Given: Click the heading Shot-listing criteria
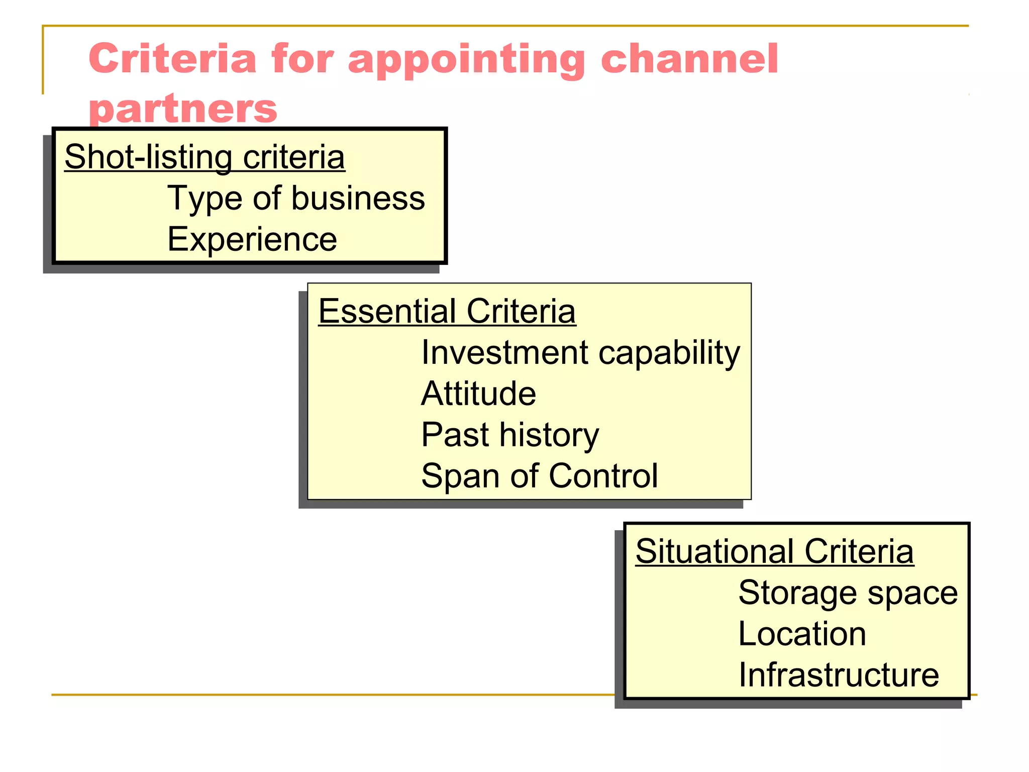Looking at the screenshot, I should [x=204, y=157].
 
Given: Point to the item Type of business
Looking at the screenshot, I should [x=296, y=198].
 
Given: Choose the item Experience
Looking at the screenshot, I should [x=252, y=239].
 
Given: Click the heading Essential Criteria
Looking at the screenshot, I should [x=447, y=311].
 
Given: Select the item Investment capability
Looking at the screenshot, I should [x=580, y=353].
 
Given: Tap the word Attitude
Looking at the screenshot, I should [x=478, y=394].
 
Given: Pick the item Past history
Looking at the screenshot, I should [x=509, y=435].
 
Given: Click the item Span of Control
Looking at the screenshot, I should [x=539, y=475].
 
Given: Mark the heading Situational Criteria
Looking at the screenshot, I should [x=774, y=551].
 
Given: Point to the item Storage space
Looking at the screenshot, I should [x=848, y=593].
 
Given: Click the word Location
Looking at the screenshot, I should [x=802, y=634].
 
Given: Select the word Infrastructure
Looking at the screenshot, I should [x=839, y=675].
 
